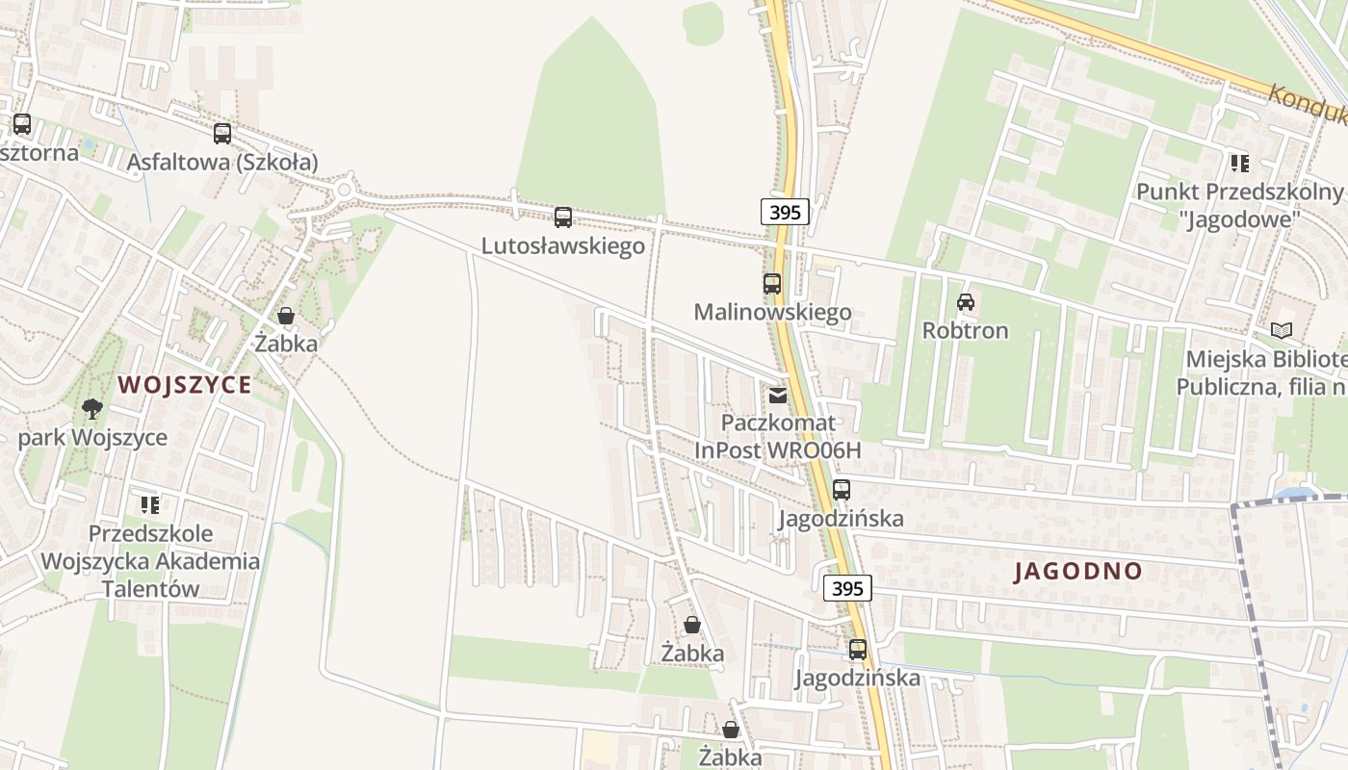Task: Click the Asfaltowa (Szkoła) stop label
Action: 222,162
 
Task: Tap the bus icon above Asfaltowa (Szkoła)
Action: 222,134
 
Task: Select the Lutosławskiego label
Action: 562,245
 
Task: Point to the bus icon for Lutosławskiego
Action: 563,218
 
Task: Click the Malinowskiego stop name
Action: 772,312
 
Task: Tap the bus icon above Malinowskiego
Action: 772,284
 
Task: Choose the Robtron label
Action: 965,330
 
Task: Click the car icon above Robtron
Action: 965,302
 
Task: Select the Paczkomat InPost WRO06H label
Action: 778,436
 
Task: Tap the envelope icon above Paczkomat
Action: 778,396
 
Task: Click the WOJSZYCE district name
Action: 185,385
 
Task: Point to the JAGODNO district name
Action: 1078,571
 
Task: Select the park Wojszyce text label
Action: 92,438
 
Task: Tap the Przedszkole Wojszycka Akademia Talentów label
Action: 150,561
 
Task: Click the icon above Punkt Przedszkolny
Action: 1239,164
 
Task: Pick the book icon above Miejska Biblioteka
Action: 1281,331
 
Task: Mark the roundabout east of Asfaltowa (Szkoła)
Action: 344,190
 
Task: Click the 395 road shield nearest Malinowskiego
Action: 785,212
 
